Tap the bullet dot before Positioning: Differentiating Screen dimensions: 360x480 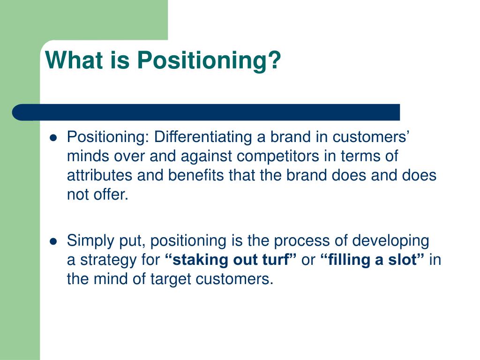pyautogui.click(x=53, y=138)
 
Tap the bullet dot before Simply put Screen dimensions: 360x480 pyautogui.click(x=53, y=242)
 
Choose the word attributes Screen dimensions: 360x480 pyautogui.click(x=99, y=176)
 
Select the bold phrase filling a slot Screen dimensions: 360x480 pyautogui.click(x=373, y=260)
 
